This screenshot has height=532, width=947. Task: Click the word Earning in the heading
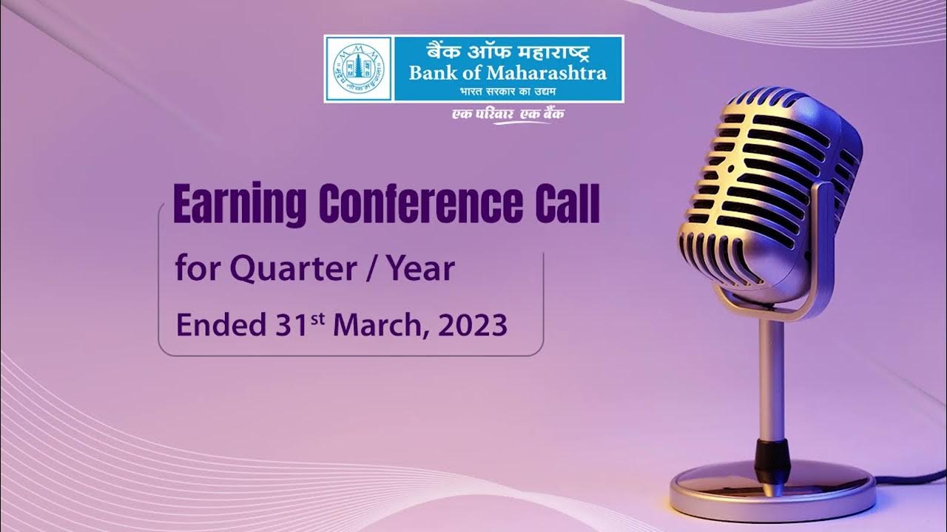pyautogui.click(x=237, y=206)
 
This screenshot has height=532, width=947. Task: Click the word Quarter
pyautogui.click(x=301, y=270)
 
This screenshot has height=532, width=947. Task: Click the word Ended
pyautogui.click(x=216, y=324)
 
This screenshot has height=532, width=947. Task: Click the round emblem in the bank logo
pyautogui.click(x=358, y=69)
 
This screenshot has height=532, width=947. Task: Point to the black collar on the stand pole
pyautogui.click(x=769, y=454)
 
